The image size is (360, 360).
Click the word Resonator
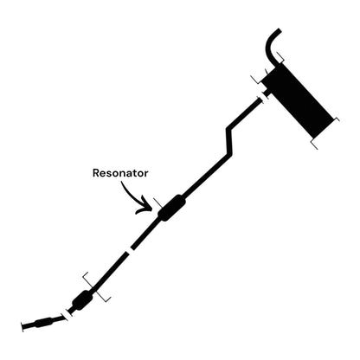(x=120, y=173)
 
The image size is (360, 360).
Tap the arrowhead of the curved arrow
(x=145, y=205)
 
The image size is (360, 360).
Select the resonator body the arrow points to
(x=172, y=208)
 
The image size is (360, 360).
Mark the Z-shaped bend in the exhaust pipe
(x=228, y=140)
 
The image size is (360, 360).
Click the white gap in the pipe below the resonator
(x=129, y=250)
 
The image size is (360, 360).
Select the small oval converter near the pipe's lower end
(x=82, y=300)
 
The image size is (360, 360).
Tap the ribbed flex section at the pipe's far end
(x=44, y=322)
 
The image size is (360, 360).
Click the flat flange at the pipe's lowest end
(x=22, y=327)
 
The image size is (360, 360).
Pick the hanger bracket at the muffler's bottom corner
(x=314, y=145)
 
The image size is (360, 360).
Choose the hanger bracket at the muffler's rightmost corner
(x=337, y=119)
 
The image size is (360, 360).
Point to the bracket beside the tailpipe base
(x=280, y=57)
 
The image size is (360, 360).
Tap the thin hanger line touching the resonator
(x=157, y=203)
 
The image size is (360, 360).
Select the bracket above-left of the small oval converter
(x=87, y=280)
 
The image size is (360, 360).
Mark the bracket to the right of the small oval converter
(x=104, y=297)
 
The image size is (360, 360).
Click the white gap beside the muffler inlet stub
(x=264, y=97)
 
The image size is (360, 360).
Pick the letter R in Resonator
(x=96, y=173)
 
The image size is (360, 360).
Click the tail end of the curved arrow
(x=122, y=183)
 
